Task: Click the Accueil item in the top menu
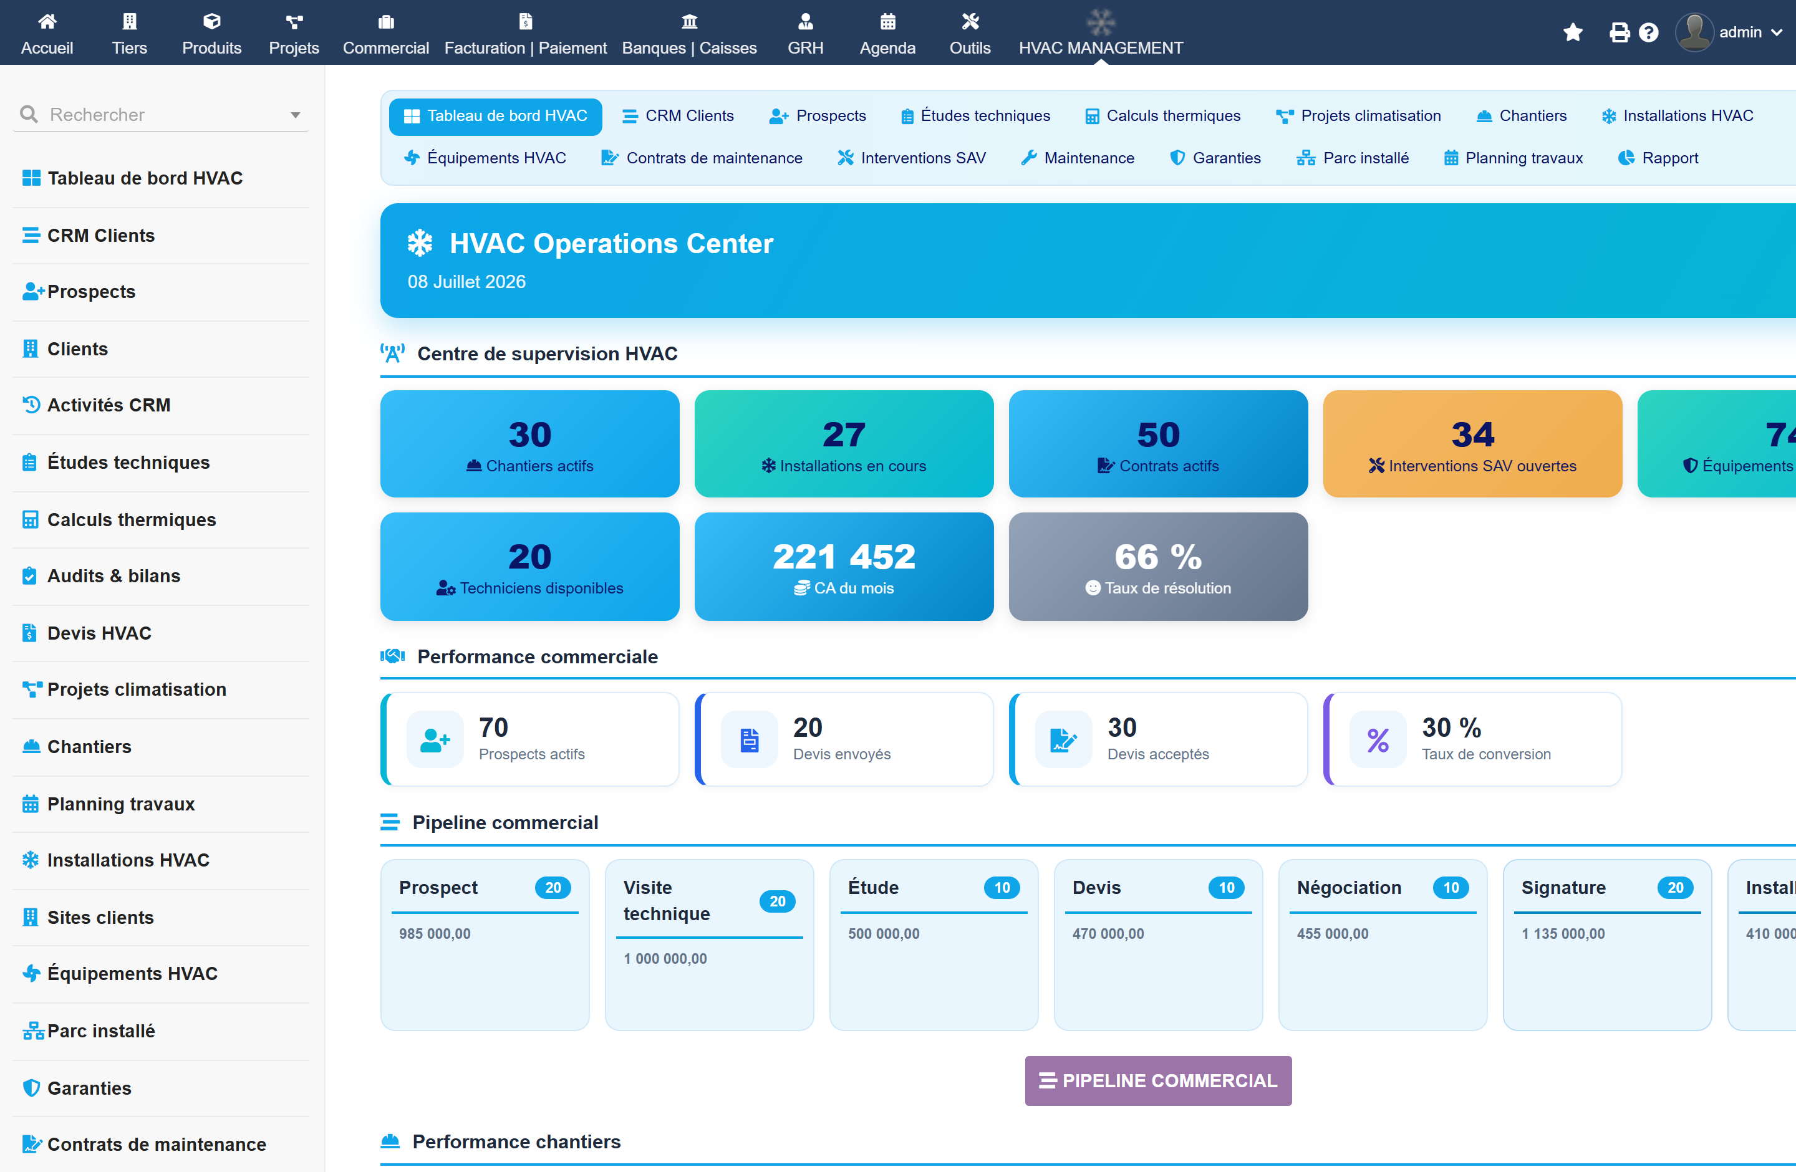tap(47, 34)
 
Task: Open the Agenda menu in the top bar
tap(887, 34)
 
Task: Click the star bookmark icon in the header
tap(1573, 32)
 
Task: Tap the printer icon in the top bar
tap(1620, 32)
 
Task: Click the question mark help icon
tap(1649, 32)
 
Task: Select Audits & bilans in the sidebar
tap(113, 576)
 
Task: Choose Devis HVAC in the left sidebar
tap(99, 633)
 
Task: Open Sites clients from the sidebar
tap(100, 917)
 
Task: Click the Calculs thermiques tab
tap(1162, 116)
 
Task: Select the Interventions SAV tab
tap(912, 158)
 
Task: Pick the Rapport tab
tap(1659, 158)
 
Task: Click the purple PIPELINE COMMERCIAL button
tap(1157, 1081)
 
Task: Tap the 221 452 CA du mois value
tap(844, 557)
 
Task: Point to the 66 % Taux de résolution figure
tap(1158, 557)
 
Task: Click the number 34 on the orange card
tap(1472, 435)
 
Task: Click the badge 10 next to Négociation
tap(1451, 888)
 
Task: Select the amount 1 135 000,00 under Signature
tap(1563, 934)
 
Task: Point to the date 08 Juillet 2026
tap(466, 282)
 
